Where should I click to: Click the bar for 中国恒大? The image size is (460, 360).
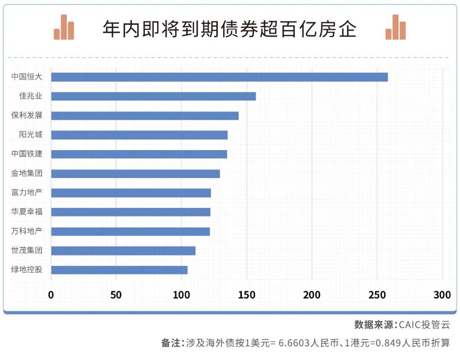219,77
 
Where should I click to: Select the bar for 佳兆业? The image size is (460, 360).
153,96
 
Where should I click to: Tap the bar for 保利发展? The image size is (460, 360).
145,115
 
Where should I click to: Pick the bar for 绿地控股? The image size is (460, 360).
119,270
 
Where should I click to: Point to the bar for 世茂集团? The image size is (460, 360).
123,251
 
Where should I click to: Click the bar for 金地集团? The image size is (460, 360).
135,173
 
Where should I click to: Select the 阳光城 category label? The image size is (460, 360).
30,135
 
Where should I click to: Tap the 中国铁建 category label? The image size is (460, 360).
27,154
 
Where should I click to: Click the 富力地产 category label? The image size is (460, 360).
27,193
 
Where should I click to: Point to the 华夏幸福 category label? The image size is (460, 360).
27,212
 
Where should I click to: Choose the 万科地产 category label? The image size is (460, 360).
27,231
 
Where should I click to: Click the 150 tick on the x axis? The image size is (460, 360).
247,295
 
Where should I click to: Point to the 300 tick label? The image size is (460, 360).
442,295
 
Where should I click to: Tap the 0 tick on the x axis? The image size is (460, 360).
51,295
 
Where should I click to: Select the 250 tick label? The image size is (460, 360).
377,295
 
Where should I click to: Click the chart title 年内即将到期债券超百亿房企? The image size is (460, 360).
230,29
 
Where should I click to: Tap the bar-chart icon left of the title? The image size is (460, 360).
64,28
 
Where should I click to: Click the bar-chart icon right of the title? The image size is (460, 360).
395,28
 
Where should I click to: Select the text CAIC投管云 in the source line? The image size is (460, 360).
424,325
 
